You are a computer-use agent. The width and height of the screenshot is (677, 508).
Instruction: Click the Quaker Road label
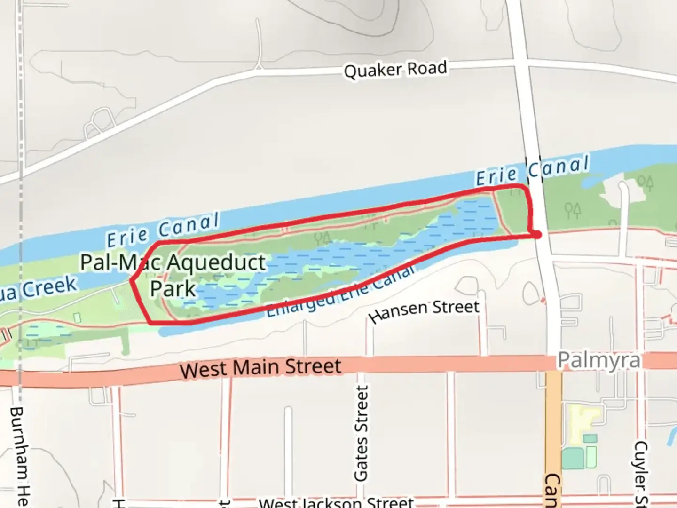[395, 70]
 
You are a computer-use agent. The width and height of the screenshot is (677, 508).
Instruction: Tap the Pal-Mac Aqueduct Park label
[173, 275]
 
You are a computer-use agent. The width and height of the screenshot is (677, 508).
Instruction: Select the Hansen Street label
[425, 310]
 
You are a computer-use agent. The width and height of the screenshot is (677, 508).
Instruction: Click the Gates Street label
[361, 433]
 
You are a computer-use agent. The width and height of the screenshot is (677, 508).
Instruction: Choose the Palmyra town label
[599, 361]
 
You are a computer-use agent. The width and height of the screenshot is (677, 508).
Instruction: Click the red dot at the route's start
[537, 234]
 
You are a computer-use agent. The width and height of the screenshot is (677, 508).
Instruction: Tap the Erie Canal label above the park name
[163, 230]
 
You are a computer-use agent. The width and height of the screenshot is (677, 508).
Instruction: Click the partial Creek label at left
[38, 288]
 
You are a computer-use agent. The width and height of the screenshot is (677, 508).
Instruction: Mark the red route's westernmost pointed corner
[131, 281]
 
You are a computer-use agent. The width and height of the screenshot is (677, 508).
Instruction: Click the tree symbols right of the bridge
[572, 210]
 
